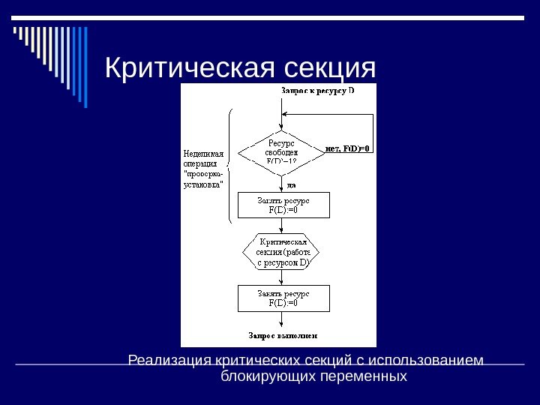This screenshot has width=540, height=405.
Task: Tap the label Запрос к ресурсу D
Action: (x=317, y=91)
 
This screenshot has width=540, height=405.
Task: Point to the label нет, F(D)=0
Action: (x=349, y=148)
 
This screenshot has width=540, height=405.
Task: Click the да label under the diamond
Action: (x=291, y=184)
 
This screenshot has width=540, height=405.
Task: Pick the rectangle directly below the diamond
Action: (x=283, y=205)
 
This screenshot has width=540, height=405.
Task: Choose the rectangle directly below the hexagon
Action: (x=283, y=298)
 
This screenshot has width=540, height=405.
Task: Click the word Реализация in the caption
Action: (x=170, y=361)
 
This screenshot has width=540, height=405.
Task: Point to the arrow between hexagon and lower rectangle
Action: (x=282, y=277)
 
